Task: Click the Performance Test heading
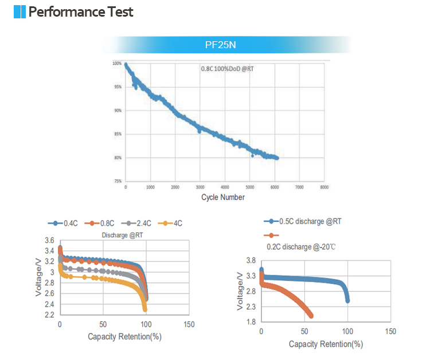(81, 11)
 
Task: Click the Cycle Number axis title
(223, 197)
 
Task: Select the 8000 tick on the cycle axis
(324, 187)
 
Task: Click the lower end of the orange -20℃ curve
(311, 316)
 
